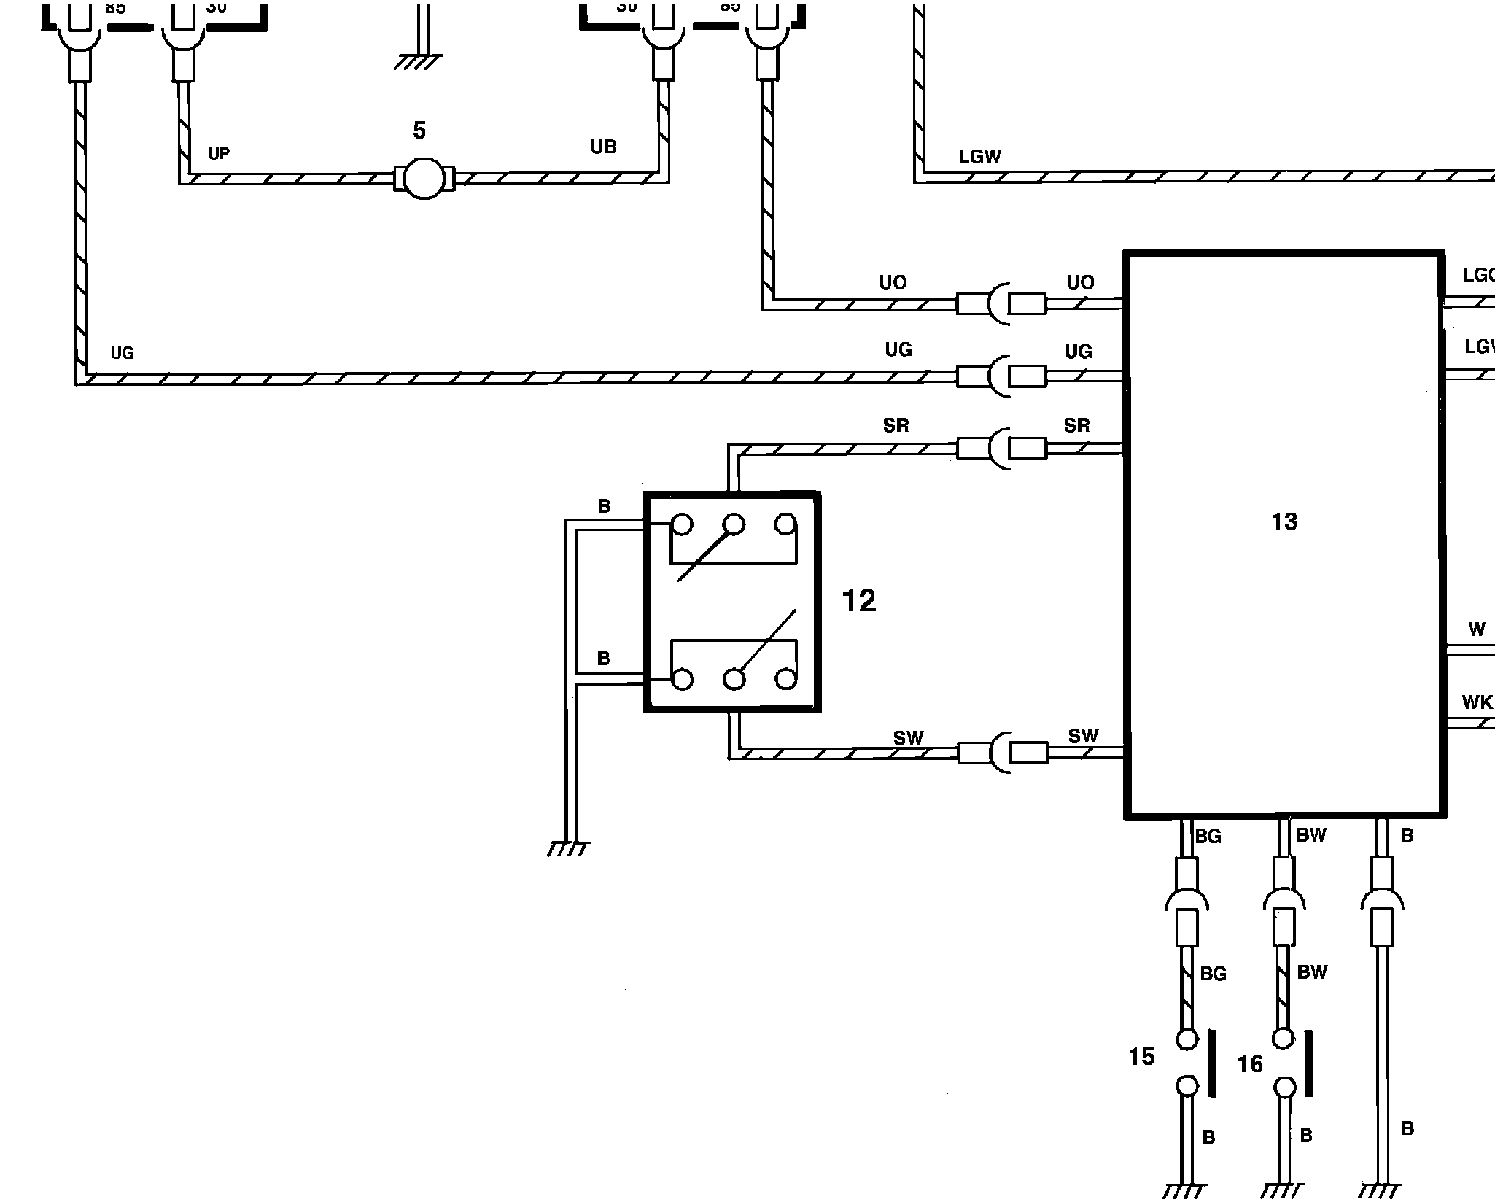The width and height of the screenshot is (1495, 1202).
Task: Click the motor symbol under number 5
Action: (424, 179)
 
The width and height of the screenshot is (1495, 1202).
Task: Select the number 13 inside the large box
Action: (1284, 521)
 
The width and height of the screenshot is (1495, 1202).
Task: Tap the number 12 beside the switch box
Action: (858, 601)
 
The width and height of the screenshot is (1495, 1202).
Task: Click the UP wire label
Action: (219, 153)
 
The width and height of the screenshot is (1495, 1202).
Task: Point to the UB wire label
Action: (603, 147)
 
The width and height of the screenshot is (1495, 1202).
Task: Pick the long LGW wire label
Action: (979, 157)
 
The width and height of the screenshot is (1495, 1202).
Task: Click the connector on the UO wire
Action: (1001, 303)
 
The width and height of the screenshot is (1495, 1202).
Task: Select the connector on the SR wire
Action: (1001, 448)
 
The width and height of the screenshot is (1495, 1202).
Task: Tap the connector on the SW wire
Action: (1002, 752)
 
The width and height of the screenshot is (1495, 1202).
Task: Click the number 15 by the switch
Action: (1141, 1057)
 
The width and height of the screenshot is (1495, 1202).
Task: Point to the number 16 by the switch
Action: (1250, 1064)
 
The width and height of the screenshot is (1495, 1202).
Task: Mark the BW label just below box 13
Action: (1311, 835)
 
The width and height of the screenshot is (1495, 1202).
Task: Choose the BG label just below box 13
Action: (1208, 837)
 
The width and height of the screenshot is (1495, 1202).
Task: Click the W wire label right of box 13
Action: (1477, 629)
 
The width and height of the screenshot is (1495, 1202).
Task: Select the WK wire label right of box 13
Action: (1477, 702)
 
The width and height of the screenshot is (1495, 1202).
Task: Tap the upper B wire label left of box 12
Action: (604, 506)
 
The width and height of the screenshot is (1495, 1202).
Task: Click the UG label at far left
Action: (123, 353)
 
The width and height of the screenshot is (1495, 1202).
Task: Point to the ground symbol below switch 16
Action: (1284, 1190)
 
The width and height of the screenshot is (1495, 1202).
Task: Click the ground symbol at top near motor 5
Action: (418, 62)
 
